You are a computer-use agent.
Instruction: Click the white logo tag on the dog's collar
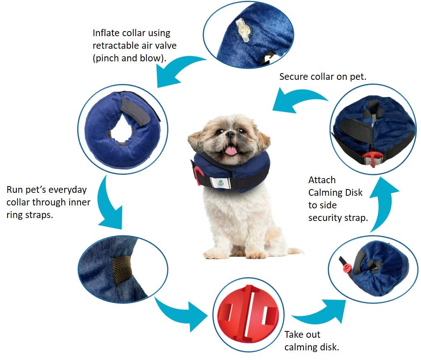coord(221,183)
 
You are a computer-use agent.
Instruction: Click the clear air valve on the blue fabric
coord(243,29)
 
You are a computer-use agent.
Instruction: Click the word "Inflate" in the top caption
coord(106,33)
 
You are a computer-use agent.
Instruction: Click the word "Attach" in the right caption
coord(322,180)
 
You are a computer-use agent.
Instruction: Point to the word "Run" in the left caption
coord(15,190)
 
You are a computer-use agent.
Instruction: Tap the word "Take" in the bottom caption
coord(295,335)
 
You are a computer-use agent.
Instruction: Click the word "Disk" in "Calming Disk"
coord(353,192)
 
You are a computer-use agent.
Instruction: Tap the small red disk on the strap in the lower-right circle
coord(347,268)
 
